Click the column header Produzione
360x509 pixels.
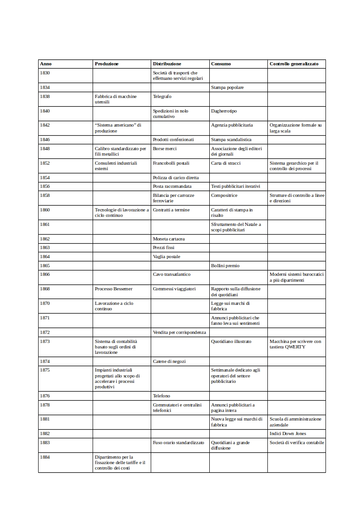tap(107, 64)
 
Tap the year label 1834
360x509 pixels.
tap(45, 87)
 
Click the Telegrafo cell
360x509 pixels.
tap(162, 96)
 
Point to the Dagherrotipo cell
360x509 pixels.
tap(224, 111)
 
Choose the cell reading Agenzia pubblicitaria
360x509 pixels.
tap(232, 125)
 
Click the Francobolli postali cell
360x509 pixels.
tap(171, 163)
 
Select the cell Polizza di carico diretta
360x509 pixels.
tap(176, 177)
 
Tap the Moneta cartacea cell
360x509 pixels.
tap(169, 239)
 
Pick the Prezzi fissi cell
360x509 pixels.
tap(163, 248)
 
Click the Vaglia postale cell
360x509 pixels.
tap(167, 257)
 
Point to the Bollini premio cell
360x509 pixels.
tap(225, 265)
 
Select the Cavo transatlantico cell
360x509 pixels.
tap(172, 274)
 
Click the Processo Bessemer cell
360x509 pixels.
tap(113, 289)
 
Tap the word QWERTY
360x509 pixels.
tap(295, 347)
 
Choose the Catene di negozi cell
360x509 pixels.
tap(169, 362)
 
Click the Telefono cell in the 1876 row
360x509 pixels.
tap(162, 396)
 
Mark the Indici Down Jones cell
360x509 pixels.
tap(288, 434)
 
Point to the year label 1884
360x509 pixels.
tap(45, 457)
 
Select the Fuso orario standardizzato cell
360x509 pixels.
tap(178, 442)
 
